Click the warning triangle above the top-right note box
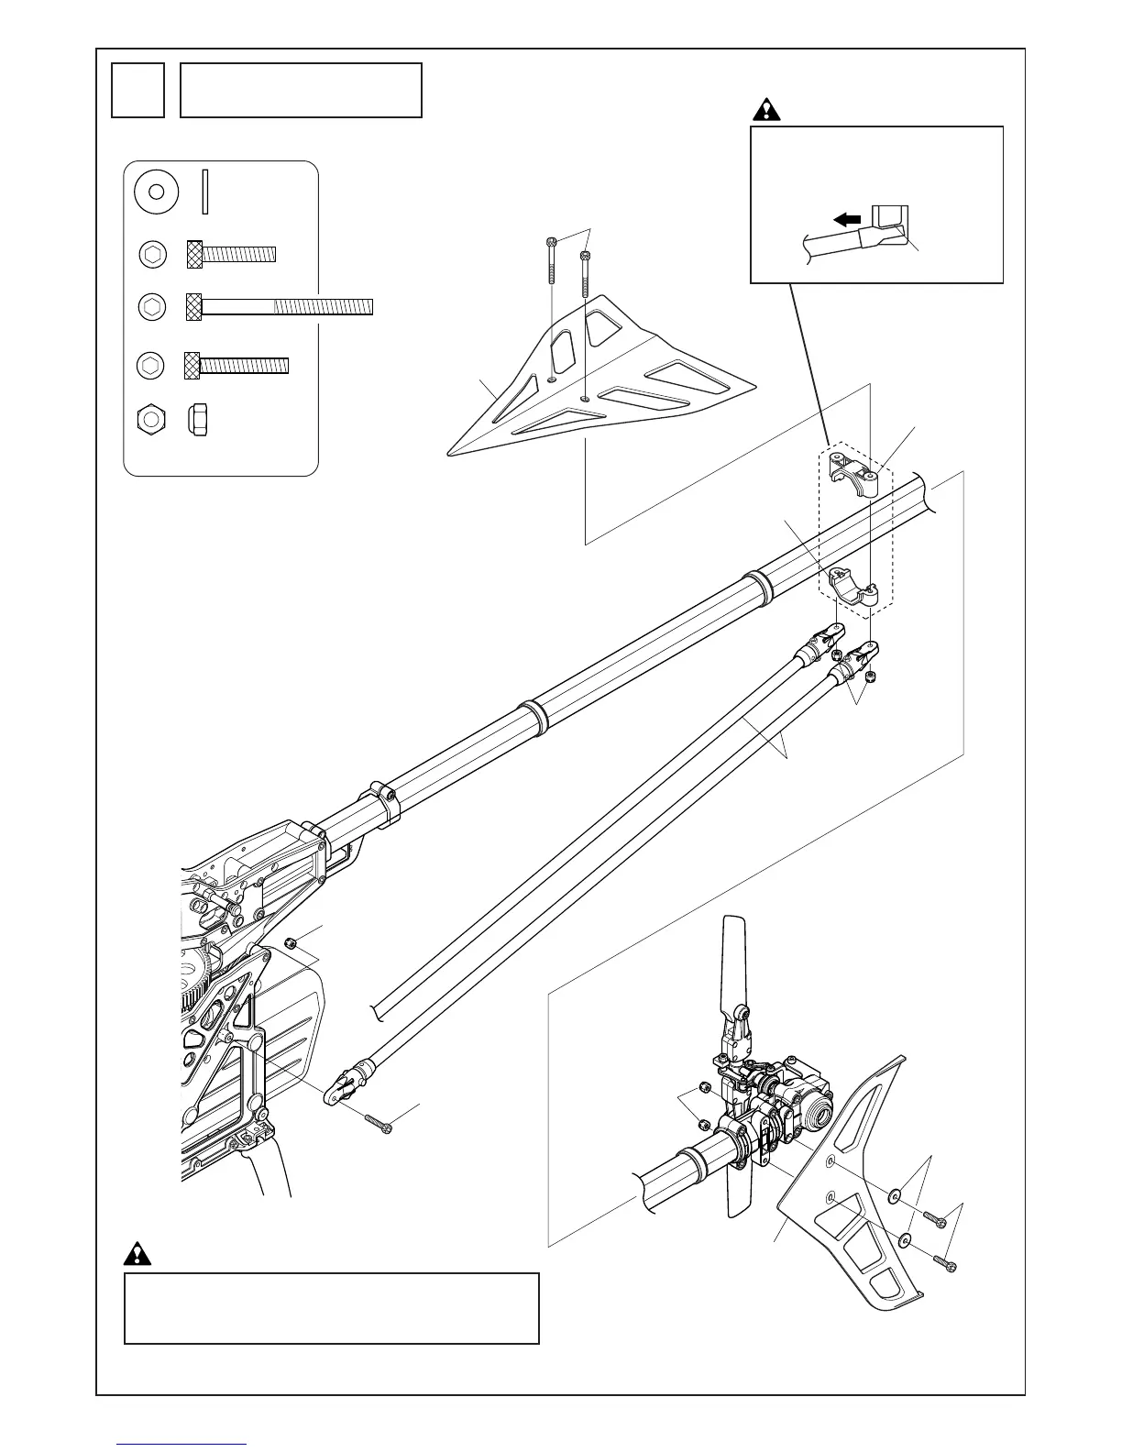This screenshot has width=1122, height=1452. [x=765, y=110]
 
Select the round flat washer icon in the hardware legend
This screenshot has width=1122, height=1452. [x=156, y=192]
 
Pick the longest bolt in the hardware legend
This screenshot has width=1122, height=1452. [x=280, y=306]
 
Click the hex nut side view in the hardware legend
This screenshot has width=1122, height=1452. [x=201, y=419]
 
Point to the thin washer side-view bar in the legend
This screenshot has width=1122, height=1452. [x=205, y=192]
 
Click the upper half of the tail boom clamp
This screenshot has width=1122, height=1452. [x=851, y=471]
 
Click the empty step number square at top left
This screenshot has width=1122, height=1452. [x=137, y=90]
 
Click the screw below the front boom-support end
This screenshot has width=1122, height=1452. [x=378, y=1121]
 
